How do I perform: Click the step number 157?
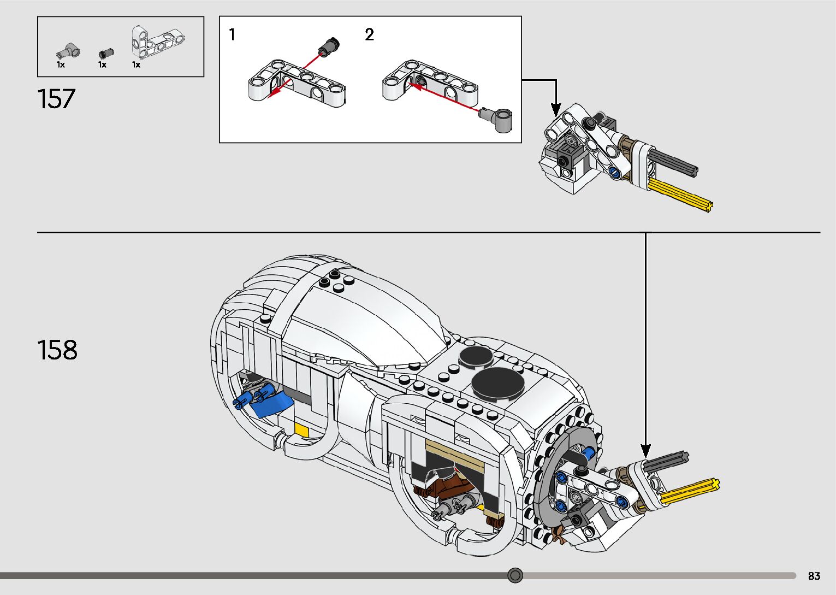tap(56, 98)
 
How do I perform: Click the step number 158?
tap(57, 350)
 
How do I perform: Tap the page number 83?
tap(814, 575)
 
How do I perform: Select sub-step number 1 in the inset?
tap(232, 34)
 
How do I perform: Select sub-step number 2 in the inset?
tap(369, 34)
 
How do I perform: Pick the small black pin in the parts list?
tap(106, 54)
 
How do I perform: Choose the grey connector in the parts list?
tap(68, 50)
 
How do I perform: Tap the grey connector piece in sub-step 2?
tap(496, 119)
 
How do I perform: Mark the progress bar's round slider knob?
tap(515, 575)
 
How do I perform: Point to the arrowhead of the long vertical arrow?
tap(645, 451)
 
